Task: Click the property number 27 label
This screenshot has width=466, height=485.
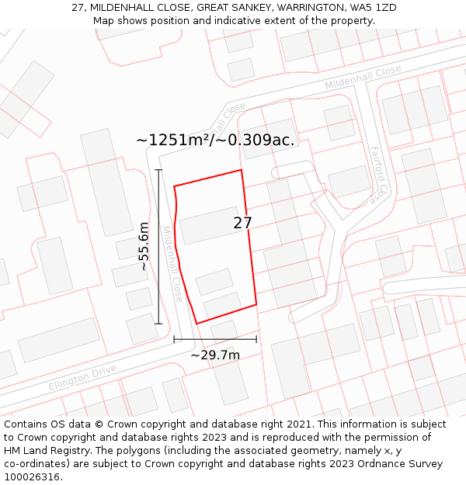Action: tap(242, 223)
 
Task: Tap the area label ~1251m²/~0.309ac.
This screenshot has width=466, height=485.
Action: tap(215, 140)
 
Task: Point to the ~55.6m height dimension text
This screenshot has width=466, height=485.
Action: tap(144, 246)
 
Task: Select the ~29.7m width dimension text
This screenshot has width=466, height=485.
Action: tap(215, 355)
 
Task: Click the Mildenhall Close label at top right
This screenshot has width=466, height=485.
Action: tap(363, 76)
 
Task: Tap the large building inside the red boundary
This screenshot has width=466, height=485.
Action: tap(210, 225)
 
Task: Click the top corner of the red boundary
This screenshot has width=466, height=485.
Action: tap(241, 170)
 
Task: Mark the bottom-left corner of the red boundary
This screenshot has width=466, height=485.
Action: tap(196, 323)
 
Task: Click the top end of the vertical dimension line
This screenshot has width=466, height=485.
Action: tap(158, 170)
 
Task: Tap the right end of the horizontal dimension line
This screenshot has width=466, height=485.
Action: tap(256, 339)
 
